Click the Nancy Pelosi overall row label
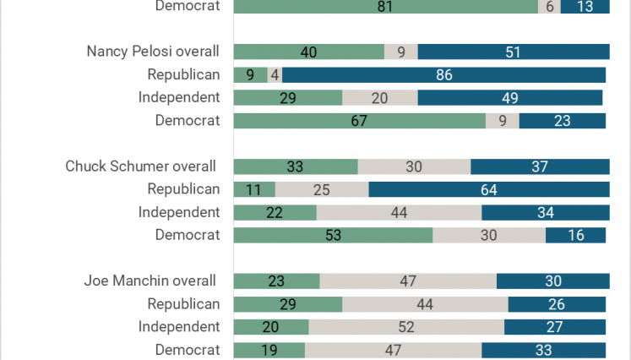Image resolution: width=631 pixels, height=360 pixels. (153, 52)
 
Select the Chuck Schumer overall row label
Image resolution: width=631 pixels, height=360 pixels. (140, 166)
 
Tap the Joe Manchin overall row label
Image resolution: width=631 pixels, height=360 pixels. (150, 281)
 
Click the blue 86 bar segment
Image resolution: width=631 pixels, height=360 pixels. (443, 75)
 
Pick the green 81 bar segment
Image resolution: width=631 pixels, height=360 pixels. (385, 7)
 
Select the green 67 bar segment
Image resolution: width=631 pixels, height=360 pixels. (359, 121)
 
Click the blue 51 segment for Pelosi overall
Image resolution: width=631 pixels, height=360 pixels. (514, 52)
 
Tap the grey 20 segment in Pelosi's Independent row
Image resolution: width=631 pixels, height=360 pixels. (380, 98)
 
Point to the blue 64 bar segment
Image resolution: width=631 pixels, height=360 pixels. (489, 189)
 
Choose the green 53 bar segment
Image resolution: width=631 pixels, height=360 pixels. (333, 235)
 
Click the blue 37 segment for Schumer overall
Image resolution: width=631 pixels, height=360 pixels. (540, 166)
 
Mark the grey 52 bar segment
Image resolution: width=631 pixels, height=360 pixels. (406, 327)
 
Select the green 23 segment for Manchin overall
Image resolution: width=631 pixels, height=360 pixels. (277, 281)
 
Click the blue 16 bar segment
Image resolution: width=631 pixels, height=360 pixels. (575, 235)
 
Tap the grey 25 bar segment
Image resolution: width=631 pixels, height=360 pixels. (322, 189)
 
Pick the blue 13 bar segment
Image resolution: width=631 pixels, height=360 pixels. (585, 7)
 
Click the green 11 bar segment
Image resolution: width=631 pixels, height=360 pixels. (254, 189)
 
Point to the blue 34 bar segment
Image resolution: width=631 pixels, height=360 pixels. (546, 213)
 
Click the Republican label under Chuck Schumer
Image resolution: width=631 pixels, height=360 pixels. (183, 189)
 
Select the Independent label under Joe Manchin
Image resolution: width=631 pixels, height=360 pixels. (179, 326)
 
